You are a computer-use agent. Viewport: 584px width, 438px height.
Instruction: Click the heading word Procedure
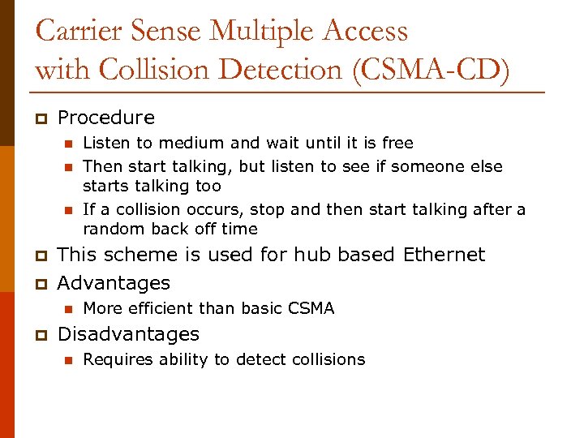[x=106, y=118]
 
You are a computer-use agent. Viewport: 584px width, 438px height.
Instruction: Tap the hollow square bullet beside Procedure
[x=40, y=118]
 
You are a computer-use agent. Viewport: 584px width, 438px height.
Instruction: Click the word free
[x=397, y=144]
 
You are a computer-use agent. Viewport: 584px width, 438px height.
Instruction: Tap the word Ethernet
[x=444, y=255]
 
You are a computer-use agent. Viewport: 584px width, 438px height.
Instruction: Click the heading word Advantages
[x=114, y=283]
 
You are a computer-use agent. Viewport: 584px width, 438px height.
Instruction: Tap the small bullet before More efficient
[x=68, y=309]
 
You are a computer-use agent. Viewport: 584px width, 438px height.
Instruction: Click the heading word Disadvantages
[x=128, y=334]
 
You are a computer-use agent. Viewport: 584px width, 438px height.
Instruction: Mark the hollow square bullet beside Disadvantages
[x=40, y=335]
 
